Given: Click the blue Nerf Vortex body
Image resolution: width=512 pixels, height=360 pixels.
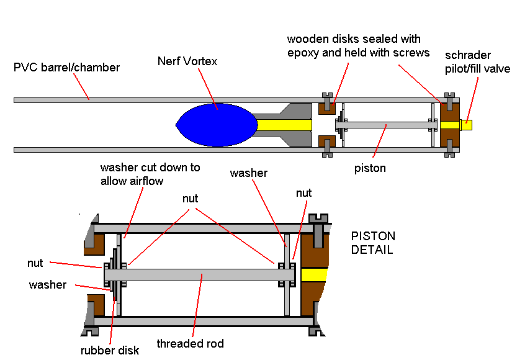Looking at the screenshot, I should (x=217, y=125).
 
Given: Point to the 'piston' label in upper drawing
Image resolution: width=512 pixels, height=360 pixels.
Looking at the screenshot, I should (x=371, y=168).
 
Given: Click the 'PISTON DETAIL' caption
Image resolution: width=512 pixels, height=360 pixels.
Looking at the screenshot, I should (x=373, y=243).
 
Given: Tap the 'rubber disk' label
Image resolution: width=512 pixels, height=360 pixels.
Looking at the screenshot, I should (x=110, y=350).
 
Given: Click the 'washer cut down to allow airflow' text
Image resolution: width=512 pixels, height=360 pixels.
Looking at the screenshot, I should (x=150, y=174).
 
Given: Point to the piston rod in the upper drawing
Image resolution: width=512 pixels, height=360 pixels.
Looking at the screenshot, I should (x=385, y=125).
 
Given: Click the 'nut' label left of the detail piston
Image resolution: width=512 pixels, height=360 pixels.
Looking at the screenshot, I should (x=35, y=263).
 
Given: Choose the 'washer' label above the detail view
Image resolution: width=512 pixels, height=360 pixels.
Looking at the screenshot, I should (x=248, y=173).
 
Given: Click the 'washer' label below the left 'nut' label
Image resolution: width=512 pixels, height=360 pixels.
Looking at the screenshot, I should (x=47, y=285).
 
